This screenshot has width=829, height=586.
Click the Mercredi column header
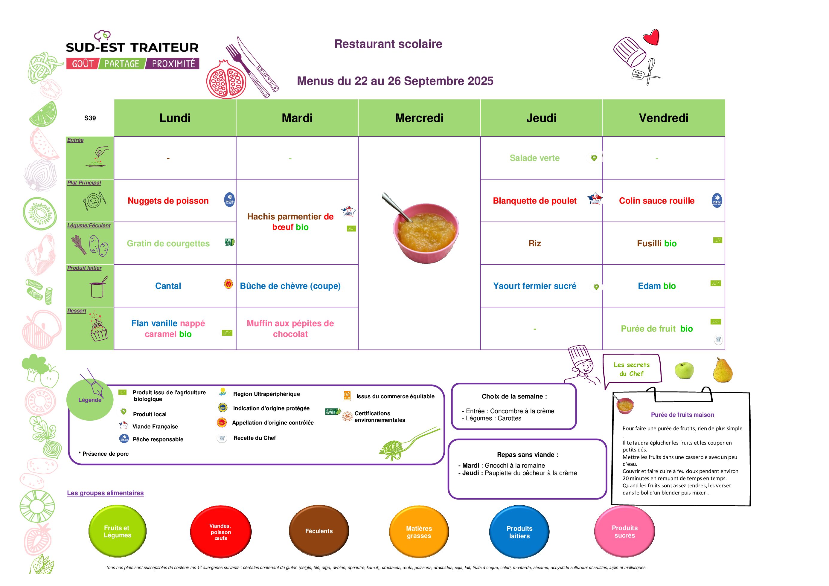tap(419, 118)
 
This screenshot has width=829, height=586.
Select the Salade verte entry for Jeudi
tap(534, 158)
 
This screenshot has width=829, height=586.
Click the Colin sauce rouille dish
tap(656, 201)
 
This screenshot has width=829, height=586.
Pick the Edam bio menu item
tap(656, 286)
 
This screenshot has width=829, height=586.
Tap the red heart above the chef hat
tap(651, 37)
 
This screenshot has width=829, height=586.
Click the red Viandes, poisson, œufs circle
tap(221, 532)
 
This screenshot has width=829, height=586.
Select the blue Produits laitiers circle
tap(519, 532)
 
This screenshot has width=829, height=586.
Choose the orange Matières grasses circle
tap(419, 532)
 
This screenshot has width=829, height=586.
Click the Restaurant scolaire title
tap(388, 44)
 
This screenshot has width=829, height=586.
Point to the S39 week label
tap(90, 118)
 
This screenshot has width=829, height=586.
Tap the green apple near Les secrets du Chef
tap(684, 370)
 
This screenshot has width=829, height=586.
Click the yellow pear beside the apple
tap(723, 370)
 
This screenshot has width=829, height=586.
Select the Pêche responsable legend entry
tap(158, 439)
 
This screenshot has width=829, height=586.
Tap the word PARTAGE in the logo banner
tap(122, 64)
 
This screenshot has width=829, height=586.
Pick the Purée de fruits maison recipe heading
tap(682, 415)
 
